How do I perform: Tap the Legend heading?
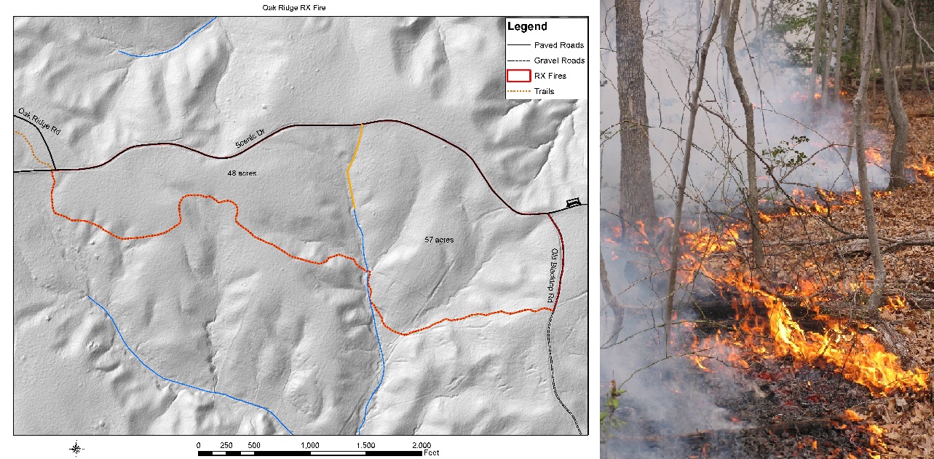coord(527,27)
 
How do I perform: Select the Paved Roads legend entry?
coord(558,45)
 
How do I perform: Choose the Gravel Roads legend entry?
coord(558,60)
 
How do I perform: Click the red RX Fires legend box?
coord(518,76)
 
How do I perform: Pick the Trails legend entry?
coord(543,91)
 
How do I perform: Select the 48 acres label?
coord(242,173)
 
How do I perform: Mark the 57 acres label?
coord(439,239)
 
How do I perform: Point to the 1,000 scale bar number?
coord(309,444)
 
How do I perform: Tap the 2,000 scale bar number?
coord(421,444)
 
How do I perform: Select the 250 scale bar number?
coord(226,444)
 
